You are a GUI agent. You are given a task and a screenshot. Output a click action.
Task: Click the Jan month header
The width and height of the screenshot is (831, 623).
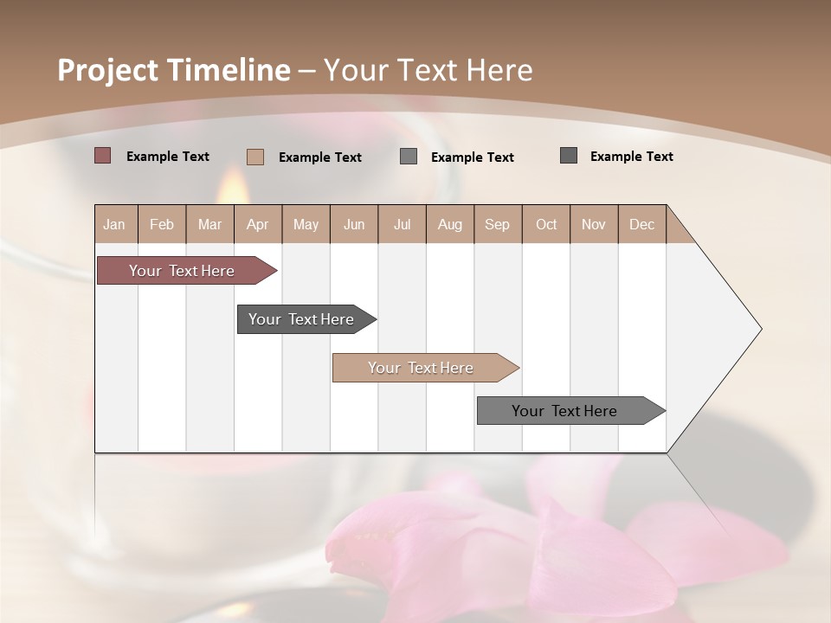pos(114,224)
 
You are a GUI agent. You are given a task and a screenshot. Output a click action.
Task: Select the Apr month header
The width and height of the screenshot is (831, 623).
pos(257,224)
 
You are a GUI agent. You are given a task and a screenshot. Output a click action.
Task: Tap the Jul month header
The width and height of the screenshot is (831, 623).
pos(402,224)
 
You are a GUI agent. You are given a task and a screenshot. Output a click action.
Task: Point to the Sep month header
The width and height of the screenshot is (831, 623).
pos(497,224)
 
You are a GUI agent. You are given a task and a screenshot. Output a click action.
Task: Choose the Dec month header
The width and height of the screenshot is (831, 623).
pos(641,224)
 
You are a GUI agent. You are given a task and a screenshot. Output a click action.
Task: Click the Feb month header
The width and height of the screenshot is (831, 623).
pos(162,224)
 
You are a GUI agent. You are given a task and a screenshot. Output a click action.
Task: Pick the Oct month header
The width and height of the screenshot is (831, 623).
pos(546,224)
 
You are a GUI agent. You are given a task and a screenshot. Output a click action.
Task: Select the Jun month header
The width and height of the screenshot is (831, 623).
pos(354,224)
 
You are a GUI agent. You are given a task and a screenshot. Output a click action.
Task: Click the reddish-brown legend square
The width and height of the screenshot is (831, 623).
pos(102,156)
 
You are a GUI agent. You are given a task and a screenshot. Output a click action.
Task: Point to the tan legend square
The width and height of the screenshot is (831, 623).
pos(254,157)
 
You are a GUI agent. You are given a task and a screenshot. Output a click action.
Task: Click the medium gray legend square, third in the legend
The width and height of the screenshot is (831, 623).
pos(409,156)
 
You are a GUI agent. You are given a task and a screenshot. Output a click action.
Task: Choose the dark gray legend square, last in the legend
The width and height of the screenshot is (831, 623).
pos(569,156)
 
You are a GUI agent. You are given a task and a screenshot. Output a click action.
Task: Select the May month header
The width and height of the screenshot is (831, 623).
pos(306,224)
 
